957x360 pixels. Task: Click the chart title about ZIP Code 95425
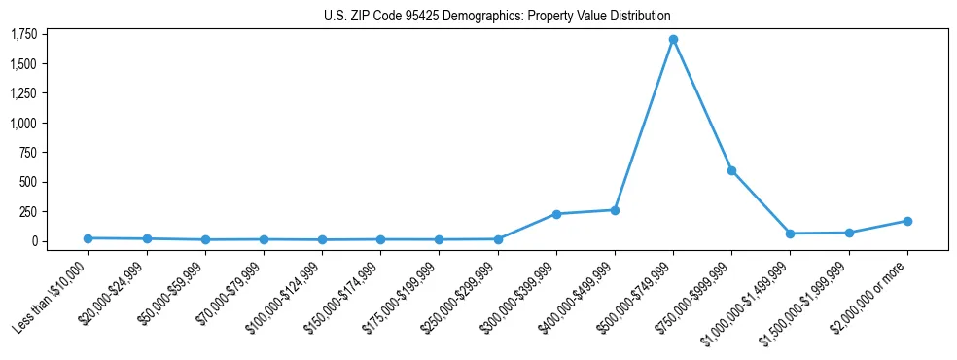[497, 17]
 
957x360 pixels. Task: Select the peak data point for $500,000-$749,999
[673, 40]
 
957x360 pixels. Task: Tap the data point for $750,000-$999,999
[731, 170]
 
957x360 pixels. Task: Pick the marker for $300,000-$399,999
[556, 214]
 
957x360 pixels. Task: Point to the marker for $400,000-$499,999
[615, 210]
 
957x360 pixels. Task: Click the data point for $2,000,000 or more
[907, 221]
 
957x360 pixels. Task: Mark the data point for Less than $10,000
[88, 238]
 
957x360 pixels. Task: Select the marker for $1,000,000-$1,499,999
[790, 234]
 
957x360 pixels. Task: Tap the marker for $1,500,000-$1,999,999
[849, 233]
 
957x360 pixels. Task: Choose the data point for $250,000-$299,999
[498, 239]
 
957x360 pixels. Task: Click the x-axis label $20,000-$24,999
[115, 295]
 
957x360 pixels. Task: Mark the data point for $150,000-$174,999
[380, 239]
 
